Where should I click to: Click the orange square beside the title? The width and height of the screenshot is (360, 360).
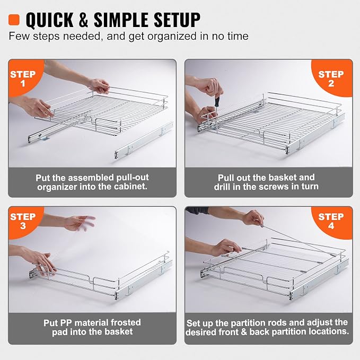click(14, 20)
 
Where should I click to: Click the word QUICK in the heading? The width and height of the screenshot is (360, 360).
click(49, 20)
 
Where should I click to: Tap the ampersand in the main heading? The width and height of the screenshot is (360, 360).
click(83, 20)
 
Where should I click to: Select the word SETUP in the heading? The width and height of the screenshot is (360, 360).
click(177, 20)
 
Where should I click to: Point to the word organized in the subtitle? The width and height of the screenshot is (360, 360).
click(172, 37)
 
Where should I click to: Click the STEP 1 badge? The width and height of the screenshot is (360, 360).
click(23, 78)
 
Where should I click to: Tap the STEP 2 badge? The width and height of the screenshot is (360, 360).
click(331, 78)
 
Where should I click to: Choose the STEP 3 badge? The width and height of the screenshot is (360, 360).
click(23, 221)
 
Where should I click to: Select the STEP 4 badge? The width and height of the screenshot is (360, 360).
click(331, 221)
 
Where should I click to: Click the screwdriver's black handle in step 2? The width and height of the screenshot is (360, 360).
click(217, 101)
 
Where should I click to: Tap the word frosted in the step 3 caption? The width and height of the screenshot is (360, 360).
click(126, 322)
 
